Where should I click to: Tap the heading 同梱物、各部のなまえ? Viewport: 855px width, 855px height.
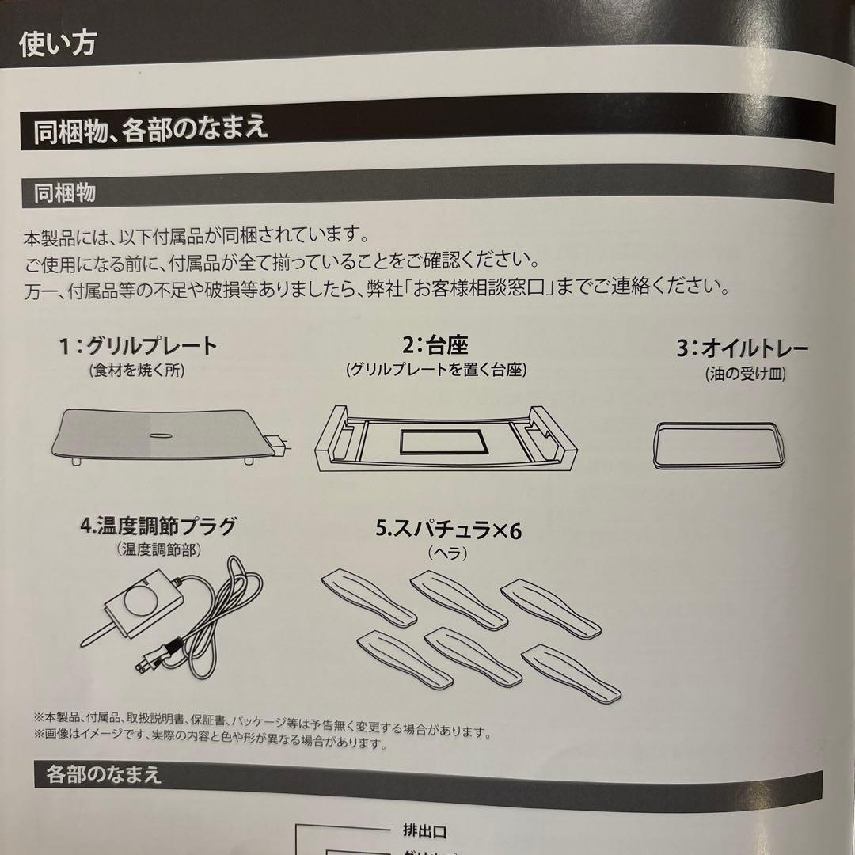click(150, 127)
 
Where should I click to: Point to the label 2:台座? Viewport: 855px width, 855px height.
click(435, 345)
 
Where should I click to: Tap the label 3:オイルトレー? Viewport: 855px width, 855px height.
click(743, 349)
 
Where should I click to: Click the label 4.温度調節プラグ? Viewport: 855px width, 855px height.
click(158, 526)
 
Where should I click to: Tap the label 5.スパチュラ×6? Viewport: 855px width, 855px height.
click(448, 530)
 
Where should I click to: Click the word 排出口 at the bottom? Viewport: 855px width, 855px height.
click(420, 831)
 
